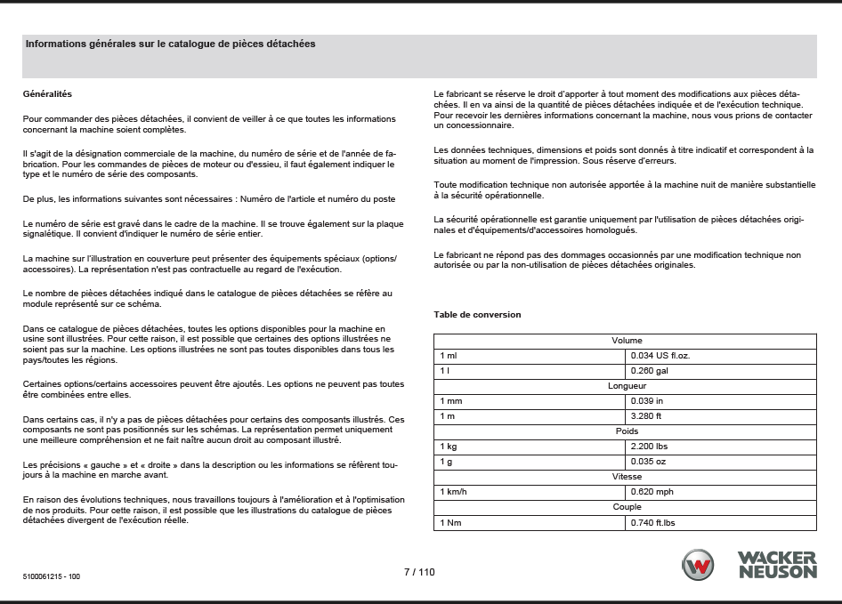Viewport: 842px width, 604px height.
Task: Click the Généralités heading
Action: click(47, 94)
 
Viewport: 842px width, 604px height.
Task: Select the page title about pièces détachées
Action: click(170, 44)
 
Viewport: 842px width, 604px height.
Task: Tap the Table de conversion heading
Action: click(477, 315)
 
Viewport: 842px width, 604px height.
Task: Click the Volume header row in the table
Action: click(626, 341)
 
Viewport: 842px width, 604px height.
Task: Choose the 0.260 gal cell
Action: click(649, 371)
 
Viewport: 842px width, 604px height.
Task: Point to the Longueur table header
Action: click(626, 386)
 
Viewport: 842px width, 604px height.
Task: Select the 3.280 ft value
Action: click(645, 416)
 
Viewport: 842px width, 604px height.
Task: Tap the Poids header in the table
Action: click(626, 431)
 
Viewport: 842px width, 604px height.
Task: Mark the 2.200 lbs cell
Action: click(648, 447)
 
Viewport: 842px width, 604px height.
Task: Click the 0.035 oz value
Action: click(647, 462)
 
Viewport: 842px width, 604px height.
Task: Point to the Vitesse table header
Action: click(626, 477)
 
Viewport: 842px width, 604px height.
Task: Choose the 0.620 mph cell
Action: click(652, 492)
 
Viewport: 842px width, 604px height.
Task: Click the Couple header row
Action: click(626, 507)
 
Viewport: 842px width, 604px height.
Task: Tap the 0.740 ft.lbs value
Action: click(652, 523)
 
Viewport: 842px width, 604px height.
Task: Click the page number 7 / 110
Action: click(419, 572)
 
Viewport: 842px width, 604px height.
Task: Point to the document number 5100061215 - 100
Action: click(52, 576)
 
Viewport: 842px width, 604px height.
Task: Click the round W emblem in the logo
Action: click(698, 566)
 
